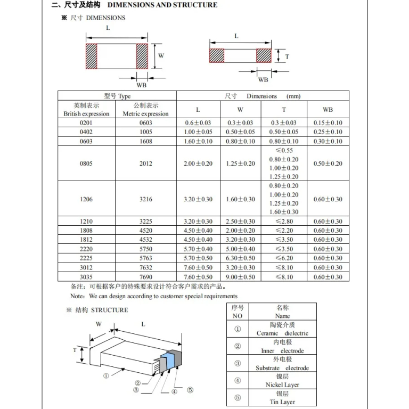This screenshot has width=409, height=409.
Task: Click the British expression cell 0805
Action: click(x=86, y=163)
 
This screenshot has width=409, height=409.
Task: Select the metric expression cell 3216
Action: click(x=146, y=199)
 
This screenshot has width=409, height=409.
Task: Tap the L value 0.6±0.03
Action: click(x=198, y=122)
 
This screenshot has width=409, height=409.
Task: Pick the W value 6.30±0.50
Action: click(x=241, y=258)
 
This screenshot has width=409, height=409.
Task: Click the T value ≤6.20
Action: click(x=283, y=258)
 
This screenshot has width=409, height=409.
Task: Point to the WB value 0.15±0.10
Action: click(x=328, y=122)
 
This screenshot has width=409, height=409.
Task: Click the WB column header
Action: click(x=328, y=109)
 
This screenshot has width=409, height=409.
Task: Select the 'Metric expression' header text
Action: click(x=145, y=114)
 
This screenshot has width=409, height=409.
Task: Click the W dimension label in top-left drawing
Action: click(x=161, y=55)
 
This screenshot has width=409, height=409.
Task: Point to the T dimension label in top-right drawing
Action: click(x=287, y=56)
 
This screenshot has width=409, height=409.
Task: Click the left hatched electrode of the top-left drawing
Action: click(x=92, y=56)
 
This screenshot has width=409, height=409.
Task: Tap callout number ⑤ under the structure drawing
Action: click(x=190, y=390)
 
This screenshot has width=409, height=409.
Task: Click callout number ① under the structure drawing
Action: click(x=106, y=375)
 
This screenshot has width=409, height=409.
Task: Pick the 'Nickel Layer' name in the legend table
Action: click(x=282, y=385)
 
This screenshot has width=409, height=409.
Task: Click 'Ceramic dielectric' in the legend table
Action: click(x=282, y=333)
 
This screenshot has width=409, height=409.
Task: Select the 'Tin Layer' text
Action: click(x=282, y=402)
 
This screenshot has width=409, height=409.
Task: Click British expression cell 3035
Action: click(x=86, y=277)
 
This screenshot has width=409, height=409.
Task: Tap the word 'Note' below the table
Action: click(x=77, y=296)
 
